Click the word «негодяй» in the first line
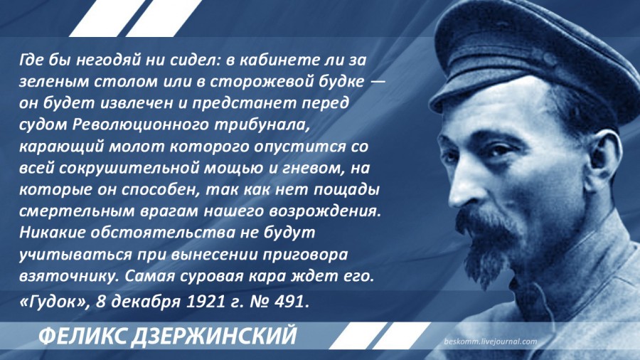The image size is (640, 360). click(108, 60)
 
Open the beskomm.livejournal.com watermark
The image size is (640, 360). click(490, 342)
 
